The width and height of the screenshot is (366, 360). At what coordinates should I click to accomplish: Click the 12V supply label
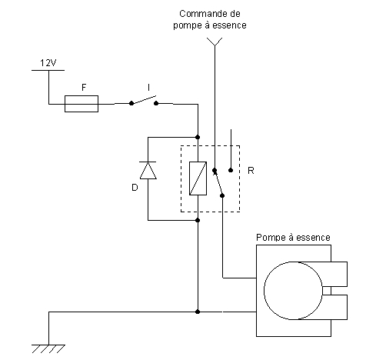pos(48,63)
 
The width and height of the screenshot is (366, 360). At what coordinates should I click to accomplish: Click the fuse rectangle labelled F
pos(82,104)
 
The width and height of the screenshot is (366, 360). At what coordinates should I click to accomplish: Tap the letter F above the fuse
pos(84,88)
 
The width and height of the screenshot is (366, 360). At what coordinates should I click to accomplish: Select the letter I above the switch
pos(148,88)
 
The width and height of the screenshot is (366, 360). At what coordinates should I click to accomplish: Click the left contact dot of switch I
pos(131,103)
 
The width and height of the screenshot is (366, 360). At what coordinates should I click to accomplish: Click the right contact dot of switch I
pos(156,103)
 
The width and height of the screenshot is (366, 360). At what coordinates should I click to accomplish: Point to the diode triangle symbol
pos(148,170)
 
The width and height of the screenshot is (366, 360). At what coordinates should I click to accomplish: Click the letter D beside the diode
pos(135,188)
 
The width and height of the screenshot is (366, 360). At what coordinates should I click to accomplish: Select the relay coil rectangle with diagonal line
pos(198,178)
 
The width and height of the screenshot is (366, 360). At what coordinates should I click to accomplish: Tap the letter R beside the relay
pos(251,171)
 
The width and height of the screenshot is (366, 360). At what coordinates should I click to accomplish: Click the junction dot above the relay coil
pos(198,137)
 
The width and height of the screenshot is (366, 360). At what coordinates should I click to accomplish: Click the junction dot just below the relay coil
pos(198,220)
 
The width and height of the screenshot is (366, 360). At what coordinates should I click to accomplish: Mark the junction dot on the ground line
pos(198,312)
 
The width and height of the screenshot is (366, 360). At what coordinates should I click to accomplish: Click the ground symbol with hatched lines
pos(48,348)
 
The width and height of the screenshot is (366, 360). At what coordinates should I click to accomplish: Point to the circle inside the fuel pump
pos(265,291)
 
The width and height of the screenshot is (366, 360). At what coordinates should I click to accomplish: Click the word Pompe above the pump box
pos(271,238)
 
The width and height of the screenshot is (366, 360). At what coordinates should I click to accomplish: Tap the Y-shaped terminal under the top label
pos(215,42)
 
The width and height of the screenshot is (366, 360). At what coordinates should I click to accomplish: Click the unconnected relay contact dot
pos(231,170)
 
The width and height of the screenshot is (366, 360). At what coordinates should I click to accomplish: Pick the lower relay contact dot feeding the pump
pos(222,195)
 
